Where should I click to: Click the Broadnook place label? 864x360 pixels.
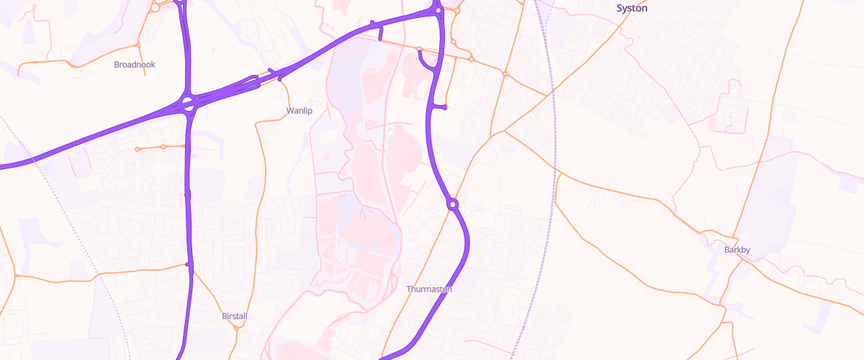click(135, 64)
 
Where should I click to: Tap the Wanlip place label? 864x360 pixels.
click(299, 111)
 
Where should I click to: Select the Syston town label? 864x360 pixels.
click(632, 9)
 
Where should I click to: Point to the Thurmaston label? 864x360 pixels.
click(429, 289)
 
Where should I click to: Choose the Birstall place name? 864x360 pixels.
click(235, 316)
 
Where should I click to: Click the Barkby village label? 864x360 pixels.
click(737, 250)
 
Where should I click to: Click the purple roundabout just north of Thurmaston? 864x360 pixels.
click(452, 204)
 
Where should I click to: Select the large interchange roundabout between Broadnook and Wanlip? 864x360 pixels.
click(188, 104)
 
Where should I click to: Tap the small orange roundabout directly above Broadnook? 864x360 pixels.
click(138, 45)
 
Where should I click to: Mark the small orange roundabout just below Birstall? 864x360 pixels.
click(237, 328)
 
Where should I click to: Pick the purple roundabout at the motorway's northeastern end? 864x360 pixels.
click(438, 10)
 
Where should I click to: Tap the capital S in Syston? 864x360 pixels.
click(620, 9)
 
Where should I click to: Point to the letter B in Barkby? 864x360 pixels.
click(727, 250)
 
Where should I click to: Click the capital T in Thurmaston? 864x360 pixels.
click(409, 289)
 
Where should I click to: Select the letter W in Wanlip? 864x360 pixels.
click(289, 111)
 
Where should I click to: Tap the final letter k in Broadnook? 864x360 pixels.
click(153, 64)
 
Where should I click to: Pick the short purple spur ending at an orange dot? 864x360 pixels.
click(438, 107)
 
